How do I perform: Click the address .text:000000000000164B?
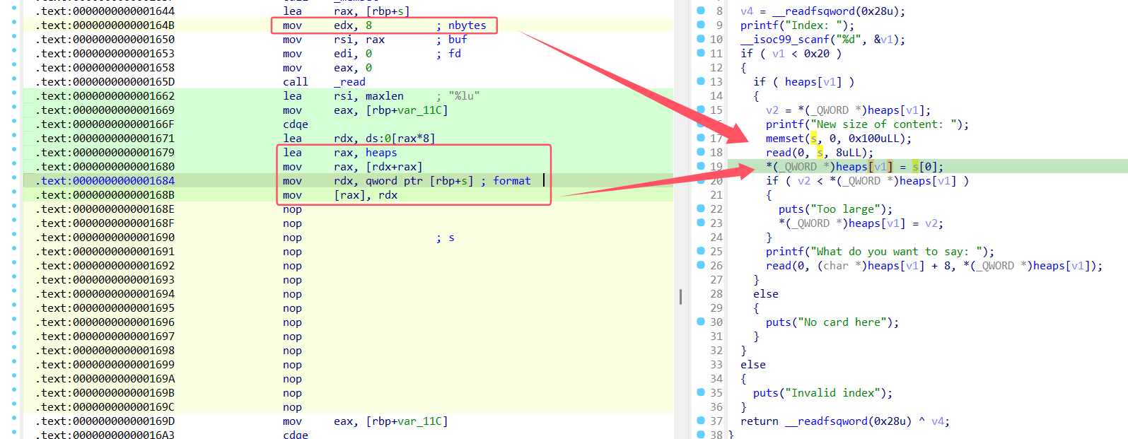105,25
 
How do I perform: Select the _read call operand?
349,81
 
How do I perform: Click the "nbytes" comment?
467,25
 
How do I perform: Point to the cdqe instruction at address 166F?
296,124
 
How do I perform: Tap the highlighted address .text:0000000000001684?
105,180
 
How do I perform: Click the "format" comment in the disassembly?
511,180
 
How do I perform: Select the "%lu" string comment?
464,95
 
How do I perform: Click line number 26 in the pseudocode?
716,265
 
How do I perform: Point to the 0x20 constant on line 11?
817,53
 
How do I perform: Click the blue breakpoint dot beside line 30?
700,321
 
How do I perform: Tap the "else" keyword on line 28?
766,293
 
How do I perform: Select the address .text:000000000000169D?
105,421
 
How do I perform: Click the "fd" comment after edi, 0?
454,53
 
